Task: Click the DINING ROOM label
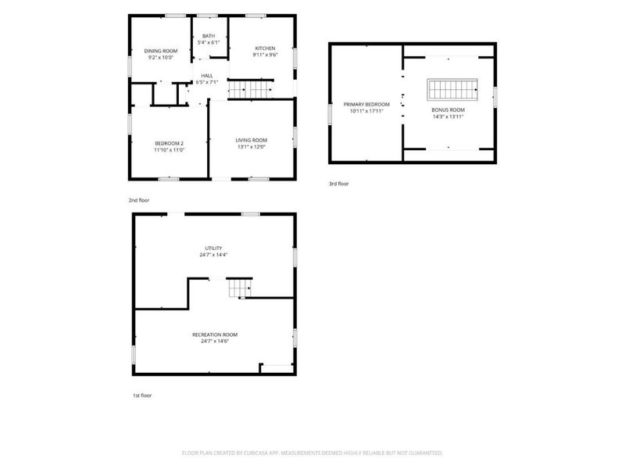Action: tap(161, 51)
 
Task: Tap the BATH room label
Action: tap(209, 36)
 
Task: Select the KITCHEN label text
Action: tap(265, 48)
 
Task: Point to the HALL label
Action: tap(207, 75)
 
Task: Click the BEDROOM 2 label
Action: tap(170, 144)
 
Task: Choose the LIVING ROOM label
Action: tap(252, 140)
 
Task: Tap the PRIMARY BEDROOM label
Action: tap(366, 105)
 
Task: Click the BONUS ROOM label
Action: tap(448, 109)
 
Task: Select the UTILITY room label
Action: tap(213, 248)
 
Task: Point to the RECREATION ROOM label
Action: tap(215, 335)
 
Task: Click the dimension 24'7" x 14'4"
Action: tap(213, 255)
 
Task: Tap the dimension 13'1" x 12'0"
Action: tap(252, 147)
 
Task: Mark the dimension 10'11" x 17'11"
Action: tap(366, 111)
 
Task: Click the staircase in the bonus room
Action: tap(452, 89)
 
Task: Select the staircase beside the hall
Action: tap(250, 90)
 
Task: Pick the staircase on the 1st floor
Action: tap(240, 288)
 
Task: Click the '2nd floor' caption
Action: tap(139, 200)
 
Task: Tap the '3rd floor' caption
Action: tap(339, 184)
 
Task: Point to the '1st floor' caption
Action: tap(142, 396)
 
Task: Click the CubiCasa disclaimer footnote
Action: tap(312, 453)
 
